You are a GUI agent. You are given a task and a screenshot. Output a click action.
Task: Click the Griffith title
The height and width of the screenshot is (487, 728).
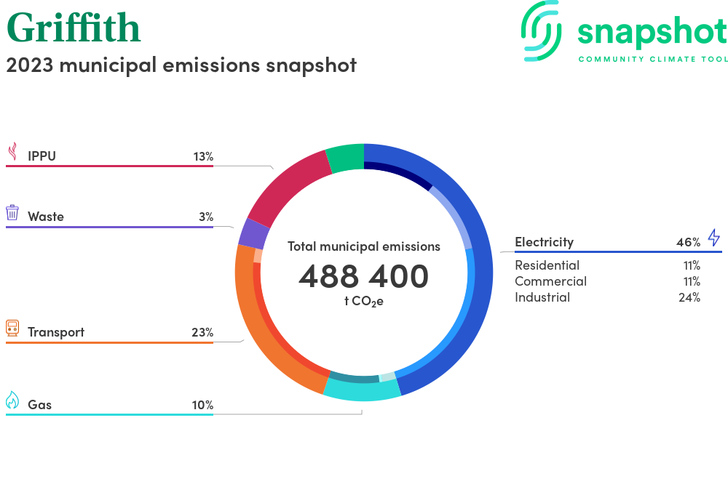[74, 28]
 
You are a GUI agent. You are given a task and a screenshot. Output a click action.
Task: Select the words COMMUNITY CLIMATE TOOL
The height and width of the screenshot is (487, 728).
[652, 59]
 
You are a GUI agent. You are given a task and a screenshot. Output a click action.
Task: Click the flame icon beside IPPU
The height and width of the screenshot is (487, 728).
[12, 151]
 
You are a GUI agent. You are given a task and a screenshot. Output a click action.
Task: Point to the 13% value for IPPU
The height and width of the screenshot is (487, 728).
[203, 156]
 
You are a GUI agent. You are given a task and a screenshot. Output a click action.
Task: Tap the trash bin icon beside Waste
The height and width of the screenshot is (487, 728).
[12, 212]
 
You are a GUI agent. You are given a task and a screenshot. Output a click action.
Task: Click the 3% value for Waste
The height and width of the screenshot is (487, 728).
[206, 217]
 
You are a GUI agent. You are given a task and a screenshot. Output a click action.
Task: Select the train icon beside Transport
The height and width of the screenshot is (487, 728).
[12, 328]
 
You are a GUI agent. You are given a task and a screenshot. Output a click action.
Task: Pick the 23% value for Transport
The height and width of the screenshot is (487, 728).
[202, 332]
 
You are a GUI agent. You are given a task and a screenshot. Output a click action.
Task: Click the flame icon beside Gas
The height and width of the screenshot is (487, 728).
[12, 400]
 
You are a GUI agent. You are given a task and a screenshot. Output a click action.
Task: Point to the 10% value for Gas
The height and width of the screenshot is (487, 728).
[202, 405]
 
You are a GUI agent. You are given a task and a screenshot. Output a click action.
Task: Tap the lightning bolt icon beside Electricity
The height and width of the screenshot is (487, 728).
[713, 238]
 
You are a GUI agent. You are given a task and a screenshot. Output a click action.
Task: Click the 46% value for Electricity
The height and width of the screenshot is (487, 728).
[688, 242]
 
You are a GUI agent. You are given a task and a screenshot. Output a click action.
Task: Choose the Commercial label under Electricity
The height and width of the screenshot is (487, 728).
[550, 281]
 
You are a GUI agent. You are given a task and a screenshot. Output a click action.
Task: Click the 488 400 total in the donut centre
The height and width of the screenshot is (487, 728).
[363, 276]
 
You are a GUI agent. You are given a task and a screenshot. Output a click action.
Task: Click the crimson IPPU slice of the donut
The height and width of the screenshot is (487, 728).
[287, 186]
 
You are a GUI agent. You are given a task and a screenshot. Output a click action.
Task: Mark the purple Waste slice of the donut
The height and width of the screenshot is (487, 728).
[253, 233]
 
